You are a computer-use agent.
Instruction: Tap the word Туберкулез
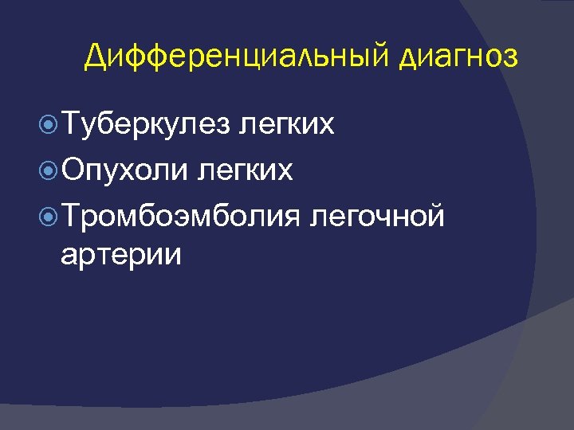coord(145,124)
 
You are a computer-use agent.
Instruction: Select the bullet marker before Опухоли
coord(48,169)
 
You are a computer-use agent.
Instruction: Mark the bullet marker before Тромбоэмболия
coord(48,213)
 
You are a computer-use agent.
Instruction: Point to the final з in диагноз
coord(509,59)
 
